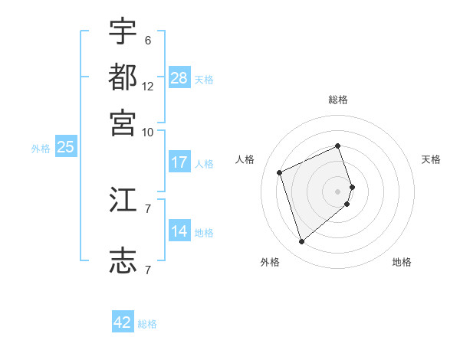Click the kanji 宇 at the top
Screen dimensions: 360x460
(x=123, y=33)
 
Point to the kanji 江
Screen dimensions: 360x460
(x=123, y=201)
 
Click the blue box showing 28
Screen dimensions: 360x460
(x=179, y=78)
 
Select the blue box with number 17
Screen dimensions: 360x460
(x=179, y=162)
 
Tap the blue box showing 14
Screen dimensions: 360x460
(x=179, y=231)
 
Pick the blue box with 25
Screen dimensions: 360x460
(x=65, y=148)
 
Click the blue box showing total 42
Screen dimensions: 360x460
(x=123, y=322)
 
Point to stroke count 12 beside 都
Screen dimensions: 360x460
(x=148, y=87)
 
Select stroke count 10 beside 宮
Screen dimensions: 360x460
(x=148, y=132)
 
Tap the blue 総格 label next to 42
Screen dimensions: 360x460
(x=147, y=324)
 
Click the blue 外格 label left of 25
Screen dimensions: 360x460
(x=41, y=149)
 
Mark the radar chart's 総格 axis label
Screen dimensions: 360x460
(x=338, y=100)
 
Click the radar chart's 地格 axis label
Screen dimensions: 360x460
(x=402, y=262)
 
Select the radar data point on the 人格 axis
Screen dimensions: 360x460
(x=281, y=172)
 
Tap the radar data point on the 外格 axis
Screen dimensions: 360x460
(x=301, y=242)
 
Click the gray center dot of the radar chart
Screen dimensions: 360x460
(x=338, y=191)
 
